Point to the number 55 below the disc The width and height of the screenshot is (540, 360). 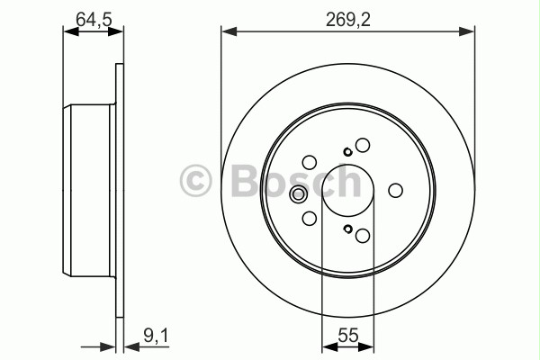tap(347, 337)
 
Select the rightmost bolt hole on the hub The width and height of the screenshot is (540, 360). tap(394, 191)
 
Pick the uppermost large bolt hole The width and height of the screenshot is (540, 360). tap(363, 145)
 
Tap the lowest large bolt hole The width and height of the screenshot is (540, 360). tap(363, 236)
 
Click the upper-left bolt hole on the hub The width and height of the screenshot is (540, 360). tap(309, 163)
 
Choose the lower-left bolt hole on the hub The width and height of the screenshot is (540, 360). tap(309, 219)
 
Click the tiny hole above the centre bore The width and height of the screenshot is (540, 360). tap(347, 151)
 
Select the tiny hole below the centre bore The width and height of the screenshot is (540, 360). tap(347, 230)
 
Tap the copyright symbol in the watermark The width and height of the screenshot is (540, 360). tap(196, 181)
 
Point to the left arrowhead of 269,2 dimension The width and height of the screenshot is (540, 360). tap(226, 31)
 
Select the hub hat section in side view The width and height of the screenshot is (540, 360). tap(89, 191)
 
